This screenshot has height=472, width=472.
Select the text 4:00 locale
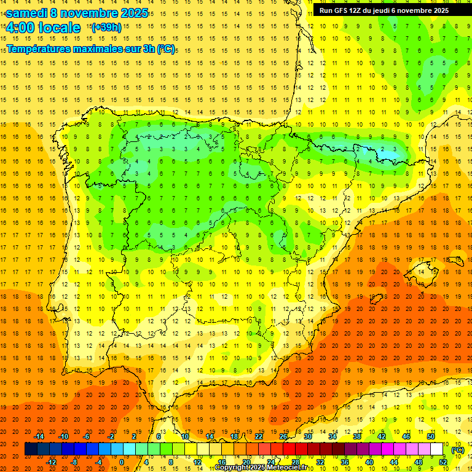click(x=43, y=28)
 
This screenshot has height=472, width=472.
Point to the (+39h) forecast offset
click(x=106, y=28)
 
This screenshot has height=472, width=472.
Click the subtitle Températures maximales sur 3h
click(x=80, y=48)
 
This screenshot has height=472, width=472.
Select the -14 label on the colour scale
click(x=39, y=436)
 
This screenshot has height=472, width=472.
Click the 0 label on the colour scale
click(x=122, y=462)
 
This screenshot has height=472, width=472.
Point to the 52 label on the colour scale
click(x=443, y=462)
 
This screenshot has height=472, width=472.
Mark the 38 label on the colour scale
click(x=356, y=436)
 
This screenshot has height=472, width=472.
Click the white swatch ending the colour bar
click(x=437, y=449)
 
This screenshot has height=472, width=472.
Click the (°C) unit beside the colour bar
click(x=458, y=449)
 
